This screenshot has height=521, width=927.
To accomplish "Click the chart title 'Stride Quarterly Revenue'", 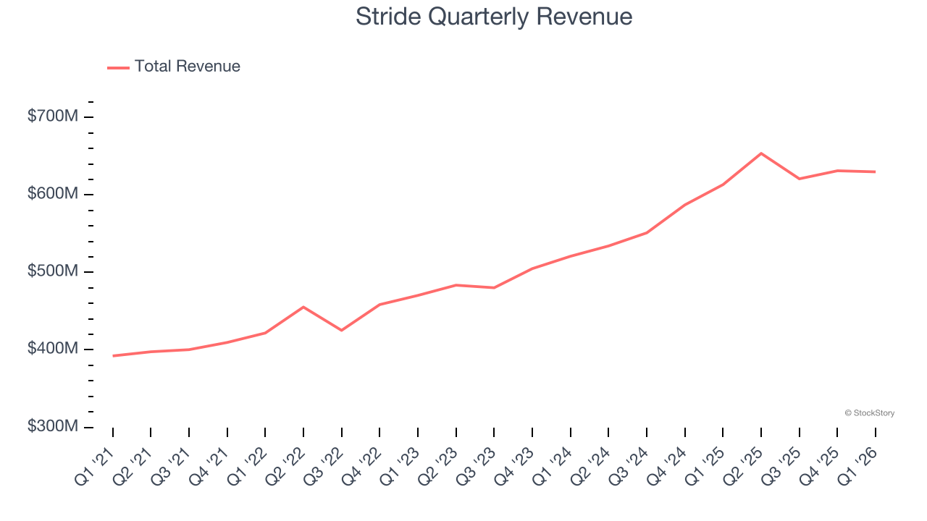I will (x=494, y=17).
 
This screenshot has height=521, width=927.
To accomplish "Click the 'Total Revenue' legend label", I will (x=187, y=67).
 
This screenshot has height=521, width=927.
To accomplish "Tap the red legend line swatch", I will (x=118, y=67).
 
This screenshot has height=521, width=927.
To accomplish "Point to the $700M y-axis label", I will (x=52, y=117).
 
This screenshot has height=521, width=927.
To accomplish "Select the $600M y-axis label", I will (x=52, y=194).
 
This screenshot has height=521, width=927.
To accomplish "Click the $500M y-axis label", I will (x=52, y=271).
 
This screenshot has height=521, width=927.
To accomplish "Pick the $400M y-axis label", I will (x=52, y=349).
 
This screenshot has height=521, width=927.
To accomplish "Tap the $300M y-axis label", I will (x=52, y=426).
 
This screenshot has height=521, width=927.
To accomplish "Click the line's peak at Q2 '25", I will (x=761, y=153).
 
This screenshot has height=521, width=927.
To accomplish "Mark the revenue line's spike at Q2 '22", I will (x=303, y=307).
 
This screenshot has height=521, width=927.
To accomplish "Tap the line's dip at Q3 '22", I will (x=341, y=330).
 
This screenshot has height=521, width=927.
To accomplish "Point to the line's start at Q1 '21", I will (x=113, y=355).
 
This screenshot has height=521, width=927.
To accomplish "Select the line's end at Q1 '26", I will (x=876, y=171).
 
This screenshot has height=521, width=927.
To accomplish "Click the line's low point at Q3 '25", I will (x=800, y=179).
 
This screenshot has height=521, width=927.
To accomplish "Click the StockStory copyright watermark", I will (x=869, y=413).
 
